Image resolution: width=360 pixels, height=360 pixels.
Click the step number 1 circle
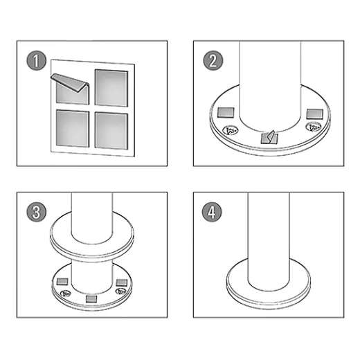[36, 61]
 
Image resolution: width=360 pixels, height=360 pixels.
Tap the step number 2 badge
[213, 61]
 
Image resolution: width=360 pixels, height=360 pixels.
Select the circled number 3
[36, 212]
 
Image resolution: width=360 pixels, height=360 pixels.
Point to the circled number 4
[212, 212]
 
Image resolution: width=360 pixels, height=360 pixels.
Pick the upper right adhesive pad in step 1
[111, 88]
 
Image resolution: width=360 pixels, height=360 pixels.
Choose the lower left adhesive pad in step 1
[73, 128]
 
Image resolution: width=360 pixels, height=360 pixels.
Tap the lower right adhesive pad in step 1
[111, 131]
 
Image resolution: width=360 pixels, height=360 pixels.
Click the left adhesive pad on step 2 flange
[226, 113]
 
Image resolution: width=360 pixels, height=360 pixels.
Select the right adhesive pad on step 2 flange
[315, 114]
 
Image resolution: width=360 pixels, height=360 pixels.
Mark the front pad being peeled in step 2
[269, 138]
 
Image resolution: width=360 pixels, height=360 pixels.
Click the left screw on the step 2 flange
[231, 130]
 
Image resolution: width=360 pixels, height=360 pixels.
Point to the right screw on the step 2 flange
[313, 127]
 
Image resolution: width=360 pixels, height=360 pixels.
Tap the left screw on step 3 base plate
[66, 294]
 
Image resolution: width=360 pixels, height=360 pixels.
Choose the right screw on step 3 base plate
[120, 291]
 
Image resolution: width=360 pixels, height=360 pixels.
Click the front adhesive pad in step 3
[91, 299]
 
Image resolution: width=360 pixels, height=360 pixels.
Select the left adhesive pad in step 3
[62, 282]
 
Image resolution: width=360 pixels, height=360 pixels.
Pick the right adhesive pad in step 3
[122, 282]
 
